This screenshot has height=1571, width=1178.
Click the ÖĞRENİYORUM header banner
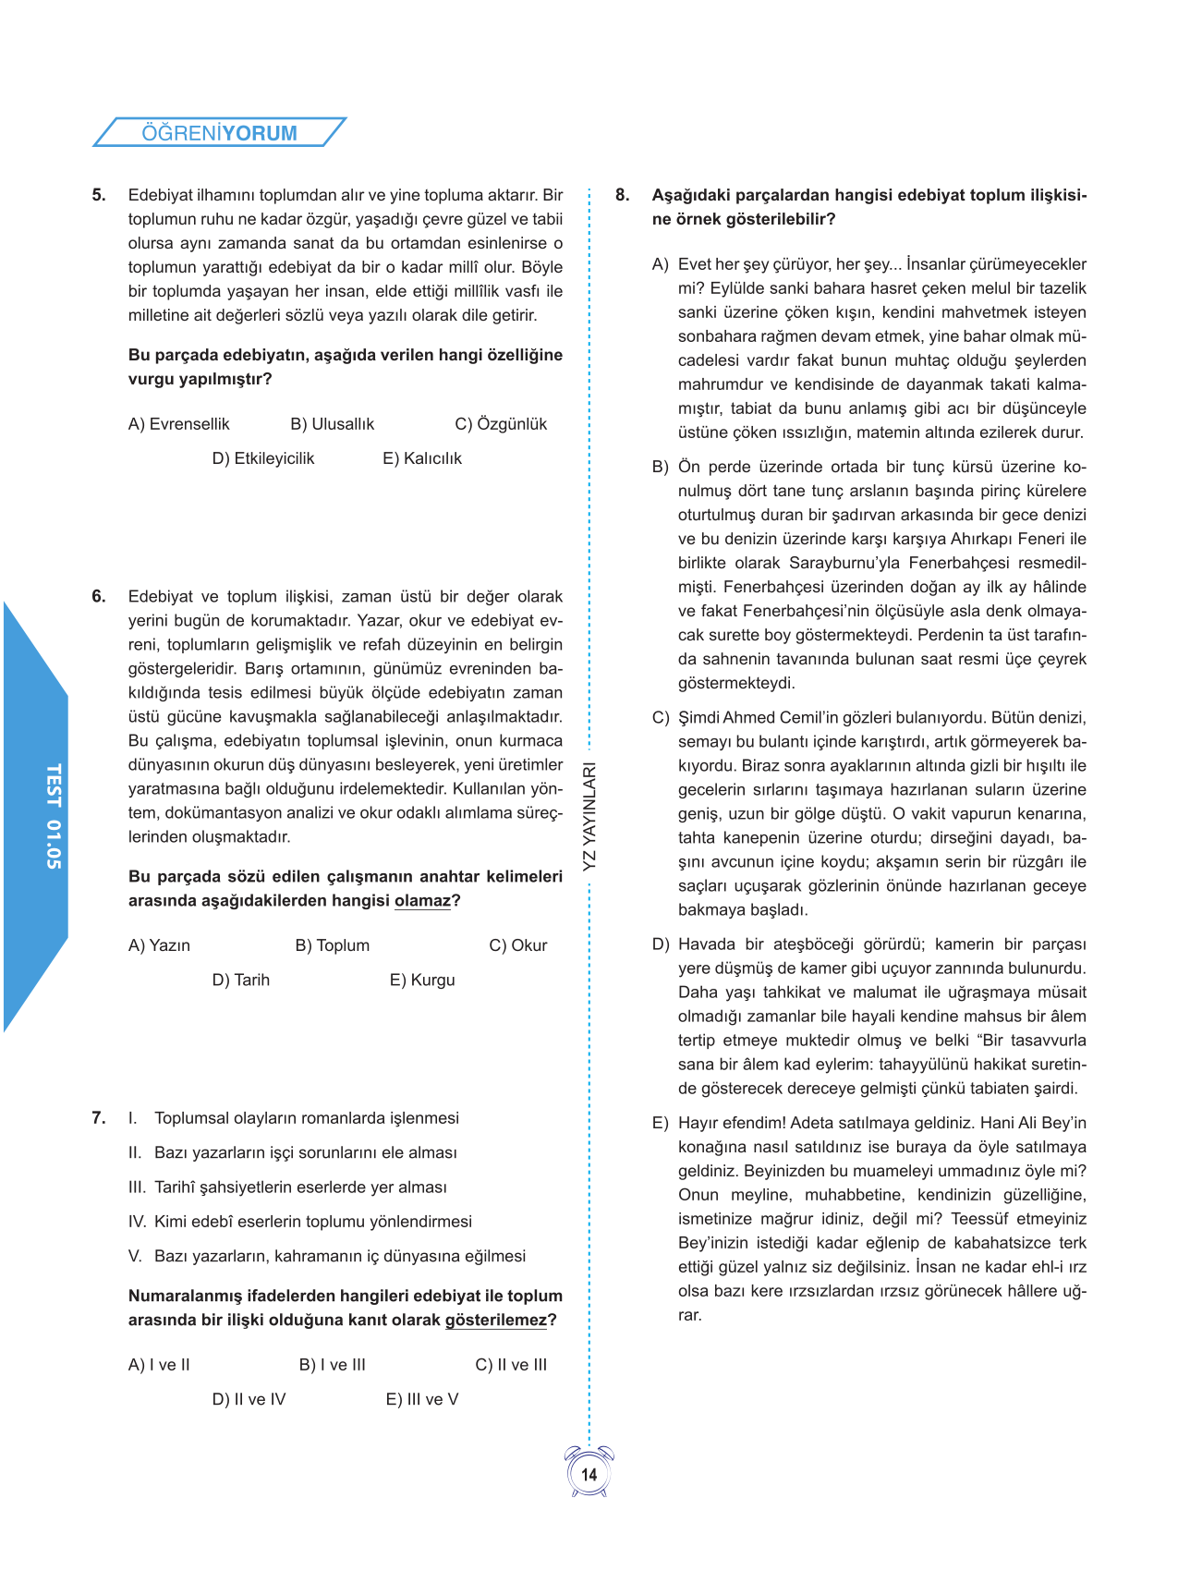(220, 132)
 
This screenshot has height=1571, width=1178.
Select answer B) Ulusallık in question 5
(332, 424)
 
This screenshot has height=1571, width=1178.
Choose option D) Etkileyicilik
(262, 458)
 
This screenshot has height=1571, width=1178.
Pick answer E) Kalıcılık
(421, 458)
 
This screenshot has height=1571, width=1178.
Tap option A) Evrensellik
(178, 424)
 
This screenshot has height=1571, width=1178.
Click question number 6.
(99, 597)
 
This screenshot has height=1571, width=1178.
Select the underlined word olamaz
(422, 901)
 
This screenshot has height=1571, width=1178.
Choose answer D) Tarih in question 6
(240, 980)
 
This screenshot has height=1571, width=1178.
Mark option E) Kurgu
(421, 980)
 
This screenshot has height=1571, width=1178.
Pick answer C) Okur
(517, 945)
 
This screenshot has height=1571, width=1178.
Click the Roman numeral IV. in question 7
(137, 1222)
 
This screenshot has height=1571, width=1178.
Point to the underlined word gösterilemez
(495, 1321)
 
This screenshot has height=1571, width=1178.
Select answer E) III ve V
(421, 1399)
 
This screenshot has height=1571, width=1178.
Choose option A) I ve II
(159, 1365)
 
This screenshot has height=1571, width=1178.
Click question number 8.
(623, 195)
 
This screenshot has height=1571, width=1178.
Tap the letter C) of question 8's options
(660, 718)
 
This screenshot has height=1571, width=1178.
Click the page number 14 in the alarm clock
(589, 1475)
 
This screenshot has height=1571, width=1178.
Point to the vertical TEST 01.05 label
(54, 816)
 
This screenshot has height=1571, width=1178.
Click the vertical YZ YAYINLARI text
(589, 816)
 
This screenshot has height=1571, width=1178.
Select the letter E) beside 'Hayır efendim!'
(660, 1124)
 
